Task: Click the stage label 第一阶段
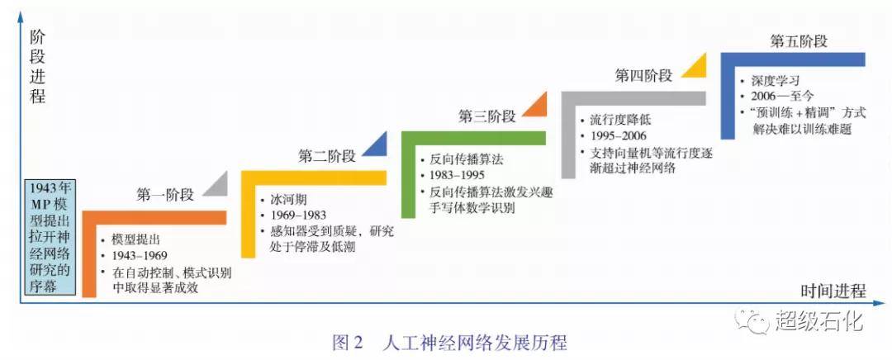click(165, 195)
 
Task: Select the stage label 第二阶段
click(327, 156)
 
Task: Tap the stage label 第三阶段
click(487, 116)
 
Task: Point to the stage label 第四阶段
click(643, 76)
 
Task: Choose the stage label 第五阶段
click(799, 41)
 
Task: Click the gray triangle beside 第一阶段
click(217, 184)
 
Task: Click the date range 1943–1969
click(139, 255)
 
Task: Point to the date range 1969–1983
click(298, 215)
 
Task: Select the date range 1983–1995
click(458, 176)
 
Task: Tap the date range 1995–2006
click(618, 136)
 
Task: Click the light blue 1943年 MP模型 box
click(50, 238)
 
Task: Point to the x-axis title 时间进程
click(833, 291)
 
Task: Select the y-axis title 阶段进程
click(37, 67)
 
